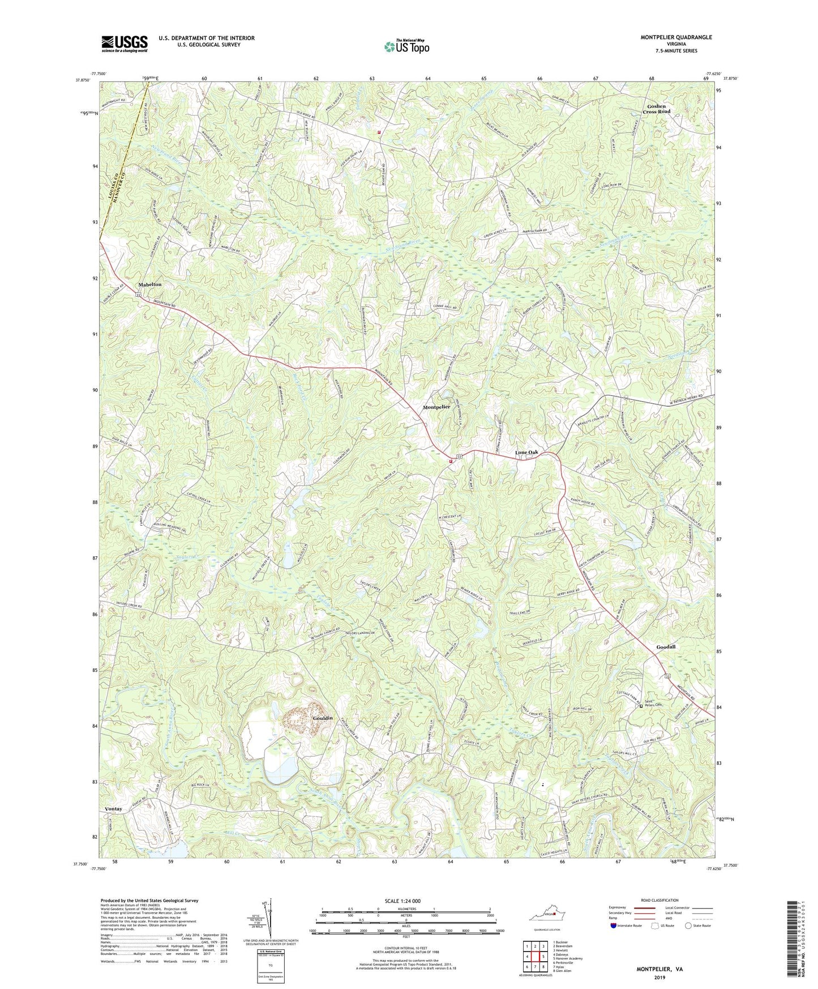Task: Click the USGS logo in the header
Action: pos(125,44)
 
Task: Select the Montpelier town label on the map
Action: pos(436,407)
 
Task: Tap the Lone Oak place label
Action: pos(526,453)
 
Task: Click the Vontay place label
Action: pos(113,809)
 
